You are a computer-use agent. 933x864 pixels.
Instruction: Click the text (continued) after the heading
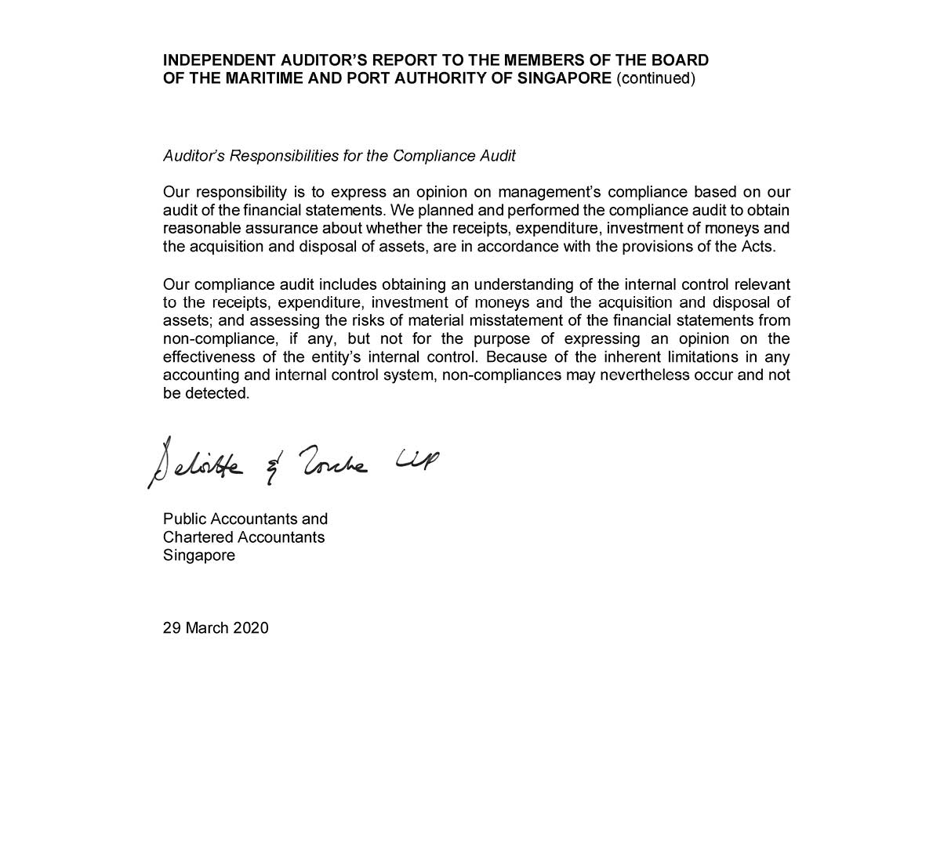pos(655,78)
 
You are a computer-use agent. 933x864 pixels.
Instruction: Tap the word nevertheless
pos(644,375)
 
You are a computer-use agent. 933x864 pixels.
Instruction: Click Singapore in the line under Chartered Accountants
pos(199,555)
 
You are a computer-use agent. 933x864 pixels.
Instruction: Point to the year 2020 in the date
pos(251,628)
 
